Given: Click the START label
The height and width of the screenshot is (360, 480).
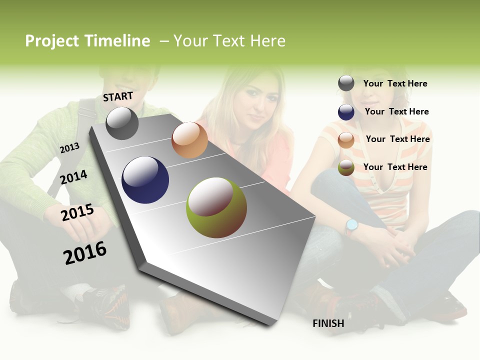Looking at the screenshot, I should coord(118,96).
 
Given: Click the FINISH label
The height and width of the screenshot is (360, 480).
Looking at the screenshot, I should coord(328,323).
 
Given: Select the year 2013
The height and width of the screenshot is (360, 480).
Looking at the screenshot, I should coord(69,147).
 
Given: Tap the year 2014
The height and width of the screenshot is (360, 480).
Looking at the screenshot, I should coord(73,177).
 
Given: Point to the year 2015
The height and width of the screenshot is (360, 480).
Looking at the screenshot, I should coord(77,212).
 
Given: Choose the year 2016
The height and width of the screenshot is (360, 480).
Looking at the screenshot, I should coord(85,252).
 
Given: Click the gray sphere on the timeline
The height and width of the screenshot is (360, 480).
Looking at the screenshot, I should coord(122,123).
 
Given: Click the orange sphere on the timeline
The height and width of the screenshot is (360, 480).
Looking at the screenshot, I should coord(189,140).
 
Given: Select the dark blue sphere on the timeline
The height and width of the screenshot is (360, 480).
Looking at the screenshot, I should coord(145,180).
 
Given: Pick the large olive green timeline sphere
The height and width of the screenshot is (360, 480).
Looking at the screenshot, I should coord(216,207).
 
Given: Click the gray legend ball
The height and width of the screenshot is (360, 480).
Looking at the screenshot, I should coord(346,83).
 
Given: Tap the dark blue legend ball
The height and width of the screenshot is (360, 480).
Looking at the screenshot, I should coord(346,112).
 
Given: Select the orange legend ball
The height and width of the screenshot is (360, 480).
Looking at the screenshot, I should coord(346,140).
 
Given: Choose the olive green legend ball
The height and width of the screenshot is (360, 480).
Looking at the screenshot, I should coord(346,167).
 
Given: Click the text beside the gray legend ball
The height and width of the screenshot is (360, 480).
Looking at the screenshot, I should coord(395,83).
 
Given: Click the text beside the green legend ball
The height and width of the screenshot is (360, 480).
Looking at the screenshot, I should coord(395,167).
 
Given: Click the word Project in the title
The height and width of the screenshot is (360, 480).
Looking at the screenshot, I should coord(52,41).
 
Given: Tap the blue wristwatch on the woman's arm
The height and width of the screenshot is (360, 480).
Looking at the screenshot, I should coord(351,225).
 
